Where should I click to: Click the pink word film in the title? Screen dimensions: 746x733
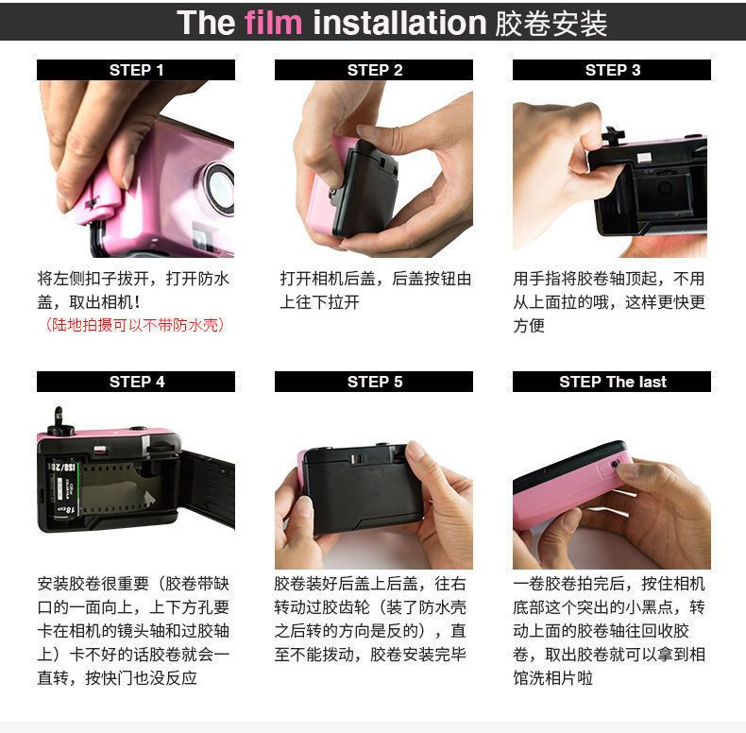[x=273, y=23]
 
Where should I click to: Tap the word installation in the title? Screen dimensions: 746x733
[x=399, y=23]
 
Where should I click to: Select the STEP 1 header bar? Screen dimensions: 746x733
[x=136, y=70]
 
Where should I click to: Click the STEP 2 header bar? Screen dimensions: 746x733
[x=374, y=70]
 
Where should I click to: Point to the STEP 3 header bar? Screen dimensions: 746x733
[x=612, y=70]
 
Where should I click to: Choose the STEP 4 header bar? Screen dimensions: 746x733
[x=136, y=382]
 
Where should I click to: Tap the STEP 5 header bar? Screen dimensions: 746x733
[x=374, y=382]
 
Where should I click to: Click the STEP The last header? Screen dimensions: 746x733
[x=612, y=382]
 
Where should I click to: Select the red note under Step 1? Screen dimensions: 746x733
[x=135, y=325]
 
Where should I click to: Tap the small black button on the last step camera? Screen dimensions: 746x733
[x=615, y=463]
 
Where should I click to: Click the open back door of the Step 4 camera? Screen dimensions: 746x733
[x=209, y=488]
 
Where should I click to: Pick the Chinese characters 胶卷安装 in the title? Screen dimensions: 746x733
[x=551, y=23]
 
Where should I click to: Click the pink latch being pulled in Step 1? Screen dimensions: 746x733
[x=97, y=201]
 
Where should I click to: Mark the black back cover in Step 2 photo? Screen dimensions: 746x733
[x=369, y=191]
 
